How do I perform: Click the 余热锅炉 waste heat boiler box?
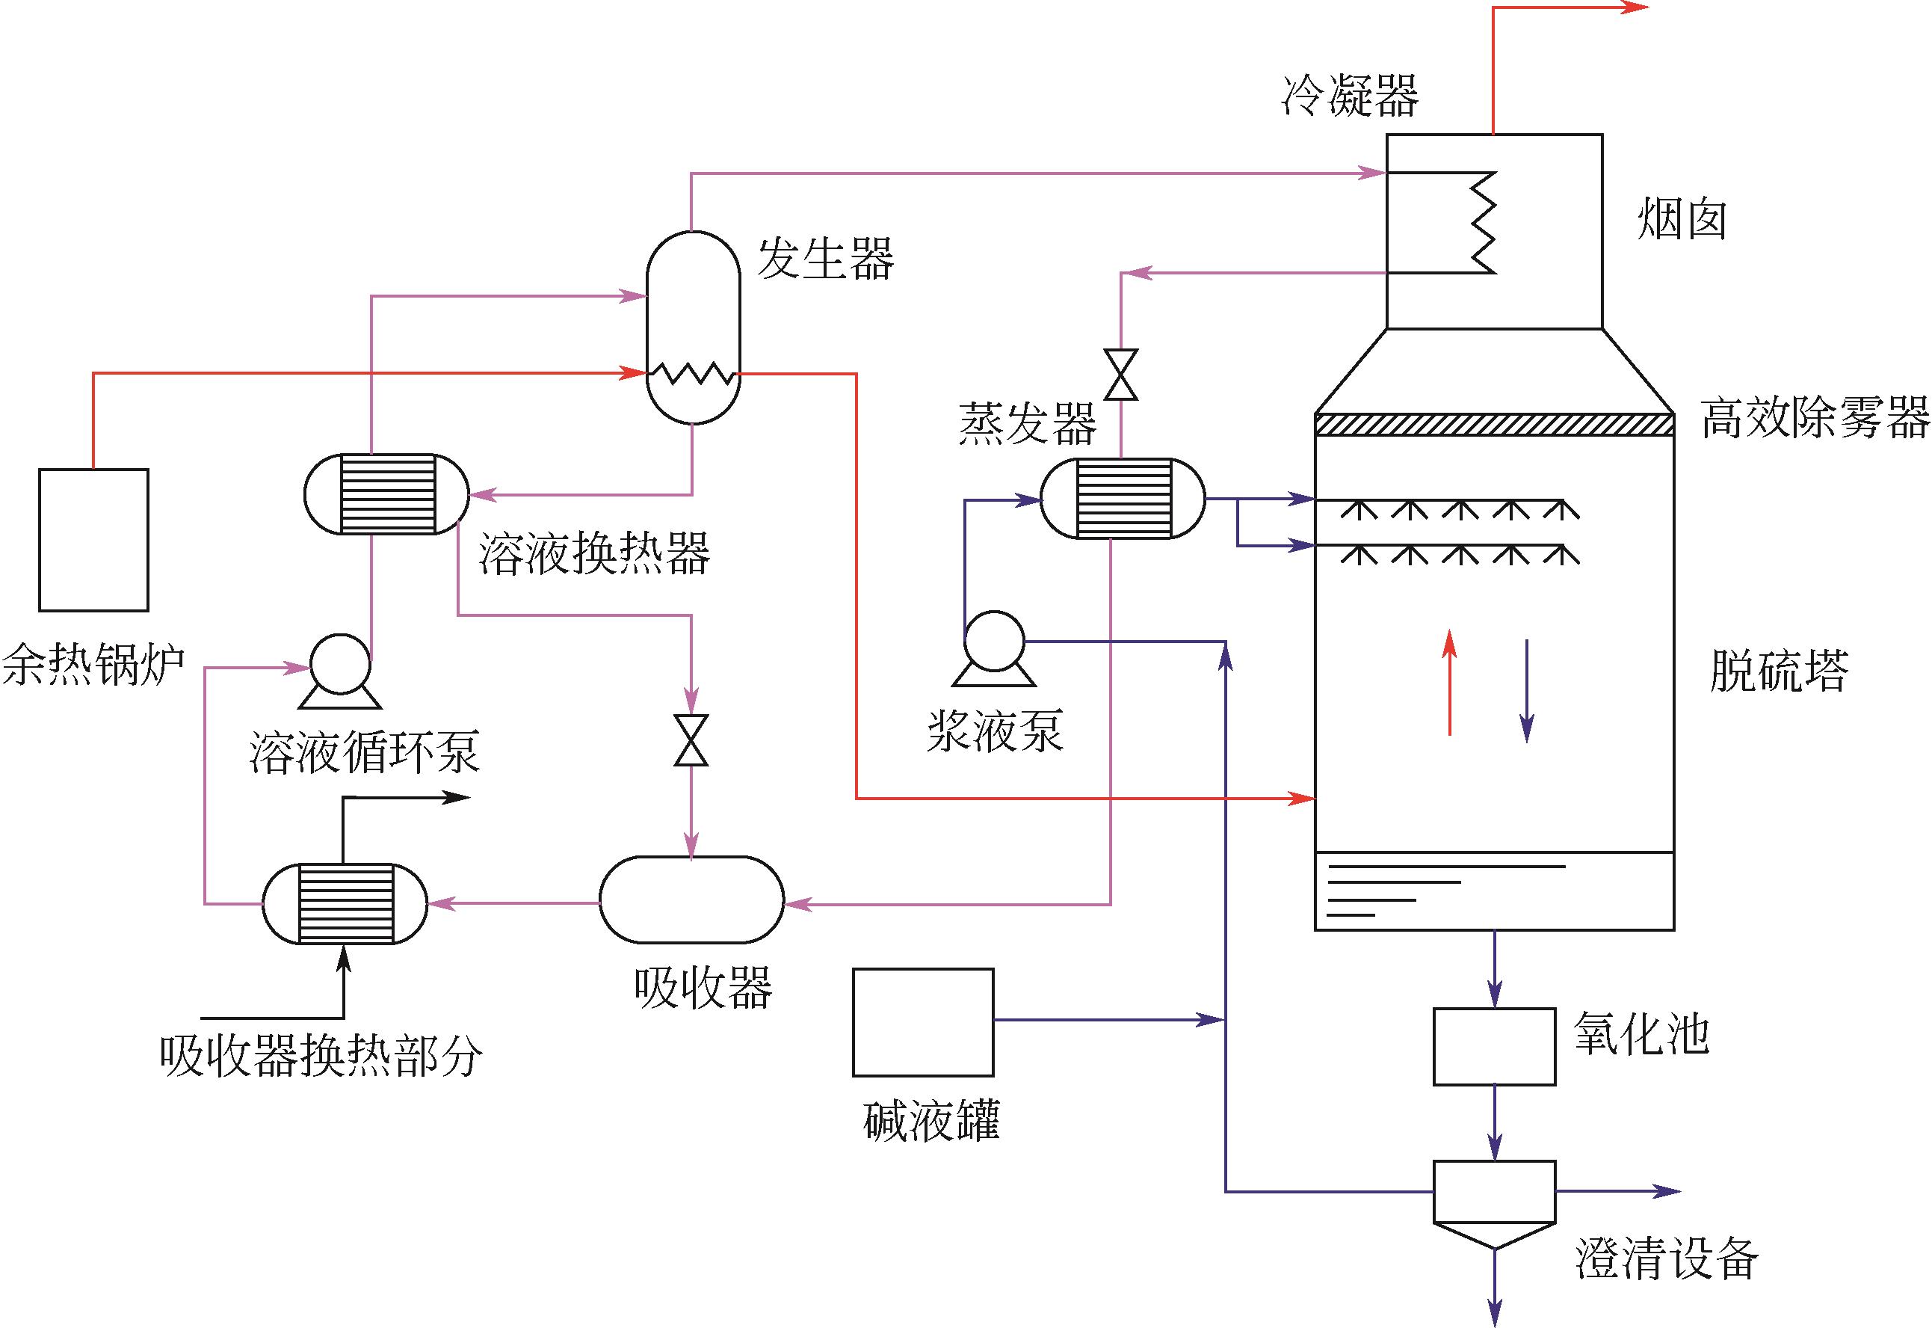[x=94, y=539]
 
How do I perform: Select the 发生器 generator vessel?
[x=693, y=326]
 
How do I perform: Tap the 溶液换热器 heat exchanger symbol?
[x=386, y=494]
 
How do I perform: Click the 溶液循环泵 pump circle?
[x=339, y=664]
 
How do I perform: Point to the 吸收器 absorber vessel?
[x=691, y=900]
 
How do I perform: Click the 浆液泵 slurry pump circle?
[x=994, y=641]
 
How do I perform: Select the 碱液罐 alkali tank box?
[x=923, y=1021]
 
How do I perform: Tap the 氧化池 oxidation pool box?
[x=1494, y=1046]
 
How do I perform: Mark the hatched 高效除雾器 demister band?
[x=1494, y=425]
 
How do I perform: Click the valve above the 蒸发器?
[x=1121, y=375]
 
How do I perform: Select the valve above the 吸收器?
[x=691, y=740]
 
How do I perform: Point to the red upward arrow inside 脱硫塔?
[x=1450, y=682]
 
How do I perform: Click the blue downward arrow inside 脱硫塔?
[x=1527, y=689]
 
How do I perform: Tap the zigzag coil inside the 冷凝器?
[x=1483, y=223]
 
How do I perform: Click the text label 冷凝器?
[x=1350, y=96]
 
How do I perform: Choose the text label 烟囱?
[x=1682, y=221]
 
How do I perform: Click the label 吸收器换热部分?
[x=321, y=1057]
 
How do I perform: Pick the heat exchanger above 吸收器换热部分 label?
[x=345, y=903]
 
